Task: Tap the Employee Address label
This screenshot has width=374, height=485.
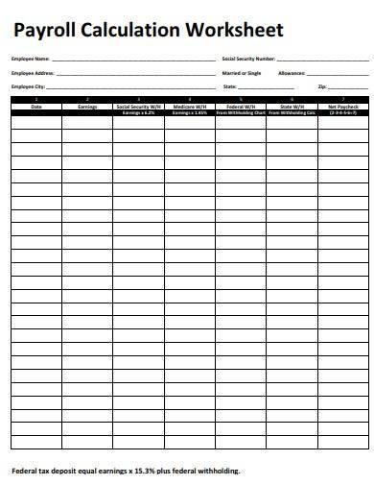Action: point(30,73)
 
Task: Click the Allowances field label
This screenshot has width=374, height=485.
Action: point(292,73)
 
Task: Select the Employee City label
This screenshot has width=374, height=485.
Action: point(26,86)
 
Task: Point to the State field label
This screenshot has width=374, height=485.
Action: point(229,86)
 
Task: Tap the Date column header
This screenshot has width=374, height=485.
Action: point(35,106)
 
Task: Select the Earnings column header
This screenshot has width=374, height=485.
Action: point(87,106)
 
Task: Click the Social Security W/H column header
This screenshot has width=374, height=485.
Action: point(138,106)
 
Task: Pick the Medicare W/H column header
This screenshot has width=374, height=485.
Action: point(189,106)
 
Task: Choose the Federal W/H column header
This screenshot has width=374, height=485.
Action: point(241,106)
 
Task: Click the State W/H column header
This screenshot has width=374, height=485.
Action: point(292,106)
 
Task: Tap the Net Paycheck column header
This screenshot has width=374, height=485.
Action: point(342,106)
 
